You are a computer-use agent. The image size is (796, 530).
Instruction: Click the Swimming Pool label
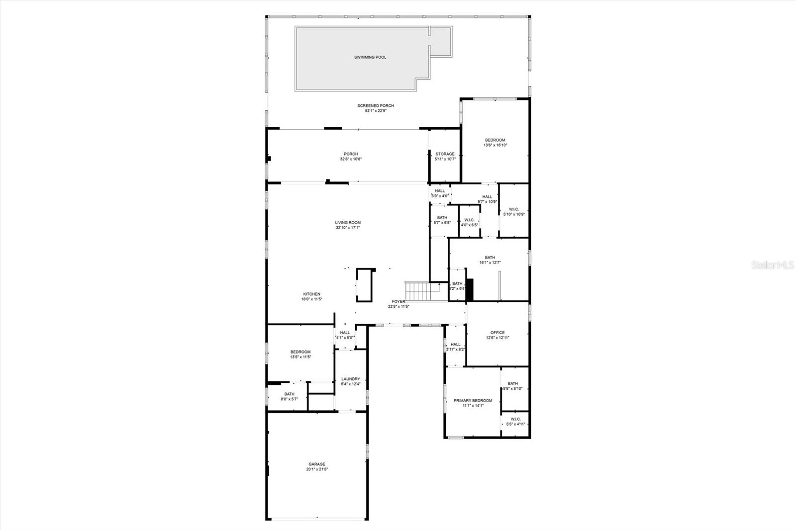(x=370, y=57)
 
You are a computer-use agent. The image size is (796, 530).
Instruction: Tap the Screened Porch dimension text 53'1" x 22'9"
(x=376, y=111)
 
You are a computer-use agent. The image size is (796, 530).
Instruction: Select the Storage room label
(x=445, y=154)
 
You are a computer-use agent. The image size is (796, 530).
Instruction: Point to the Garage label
(x=316, y=464)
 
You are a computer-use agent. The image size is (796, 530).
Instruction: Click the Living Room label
(x=348, y=223)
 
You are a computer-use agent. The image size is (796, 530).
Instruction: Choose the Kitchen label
(x=312, y=294)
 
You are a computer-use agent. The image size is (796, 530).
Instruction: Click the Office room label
(x=497, y=333)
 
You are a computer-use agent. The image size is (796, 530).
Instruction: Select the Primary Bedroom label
(x=473, y=401)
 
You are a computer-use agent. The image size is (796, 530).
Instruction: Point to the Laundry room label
(x=351, y=379)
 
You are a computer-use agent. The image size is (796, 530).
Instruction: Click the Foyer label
(x=398, y=301)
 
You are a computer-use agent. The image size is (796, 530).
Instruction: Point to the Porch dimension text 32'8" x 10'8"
(x=351, y=159)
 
